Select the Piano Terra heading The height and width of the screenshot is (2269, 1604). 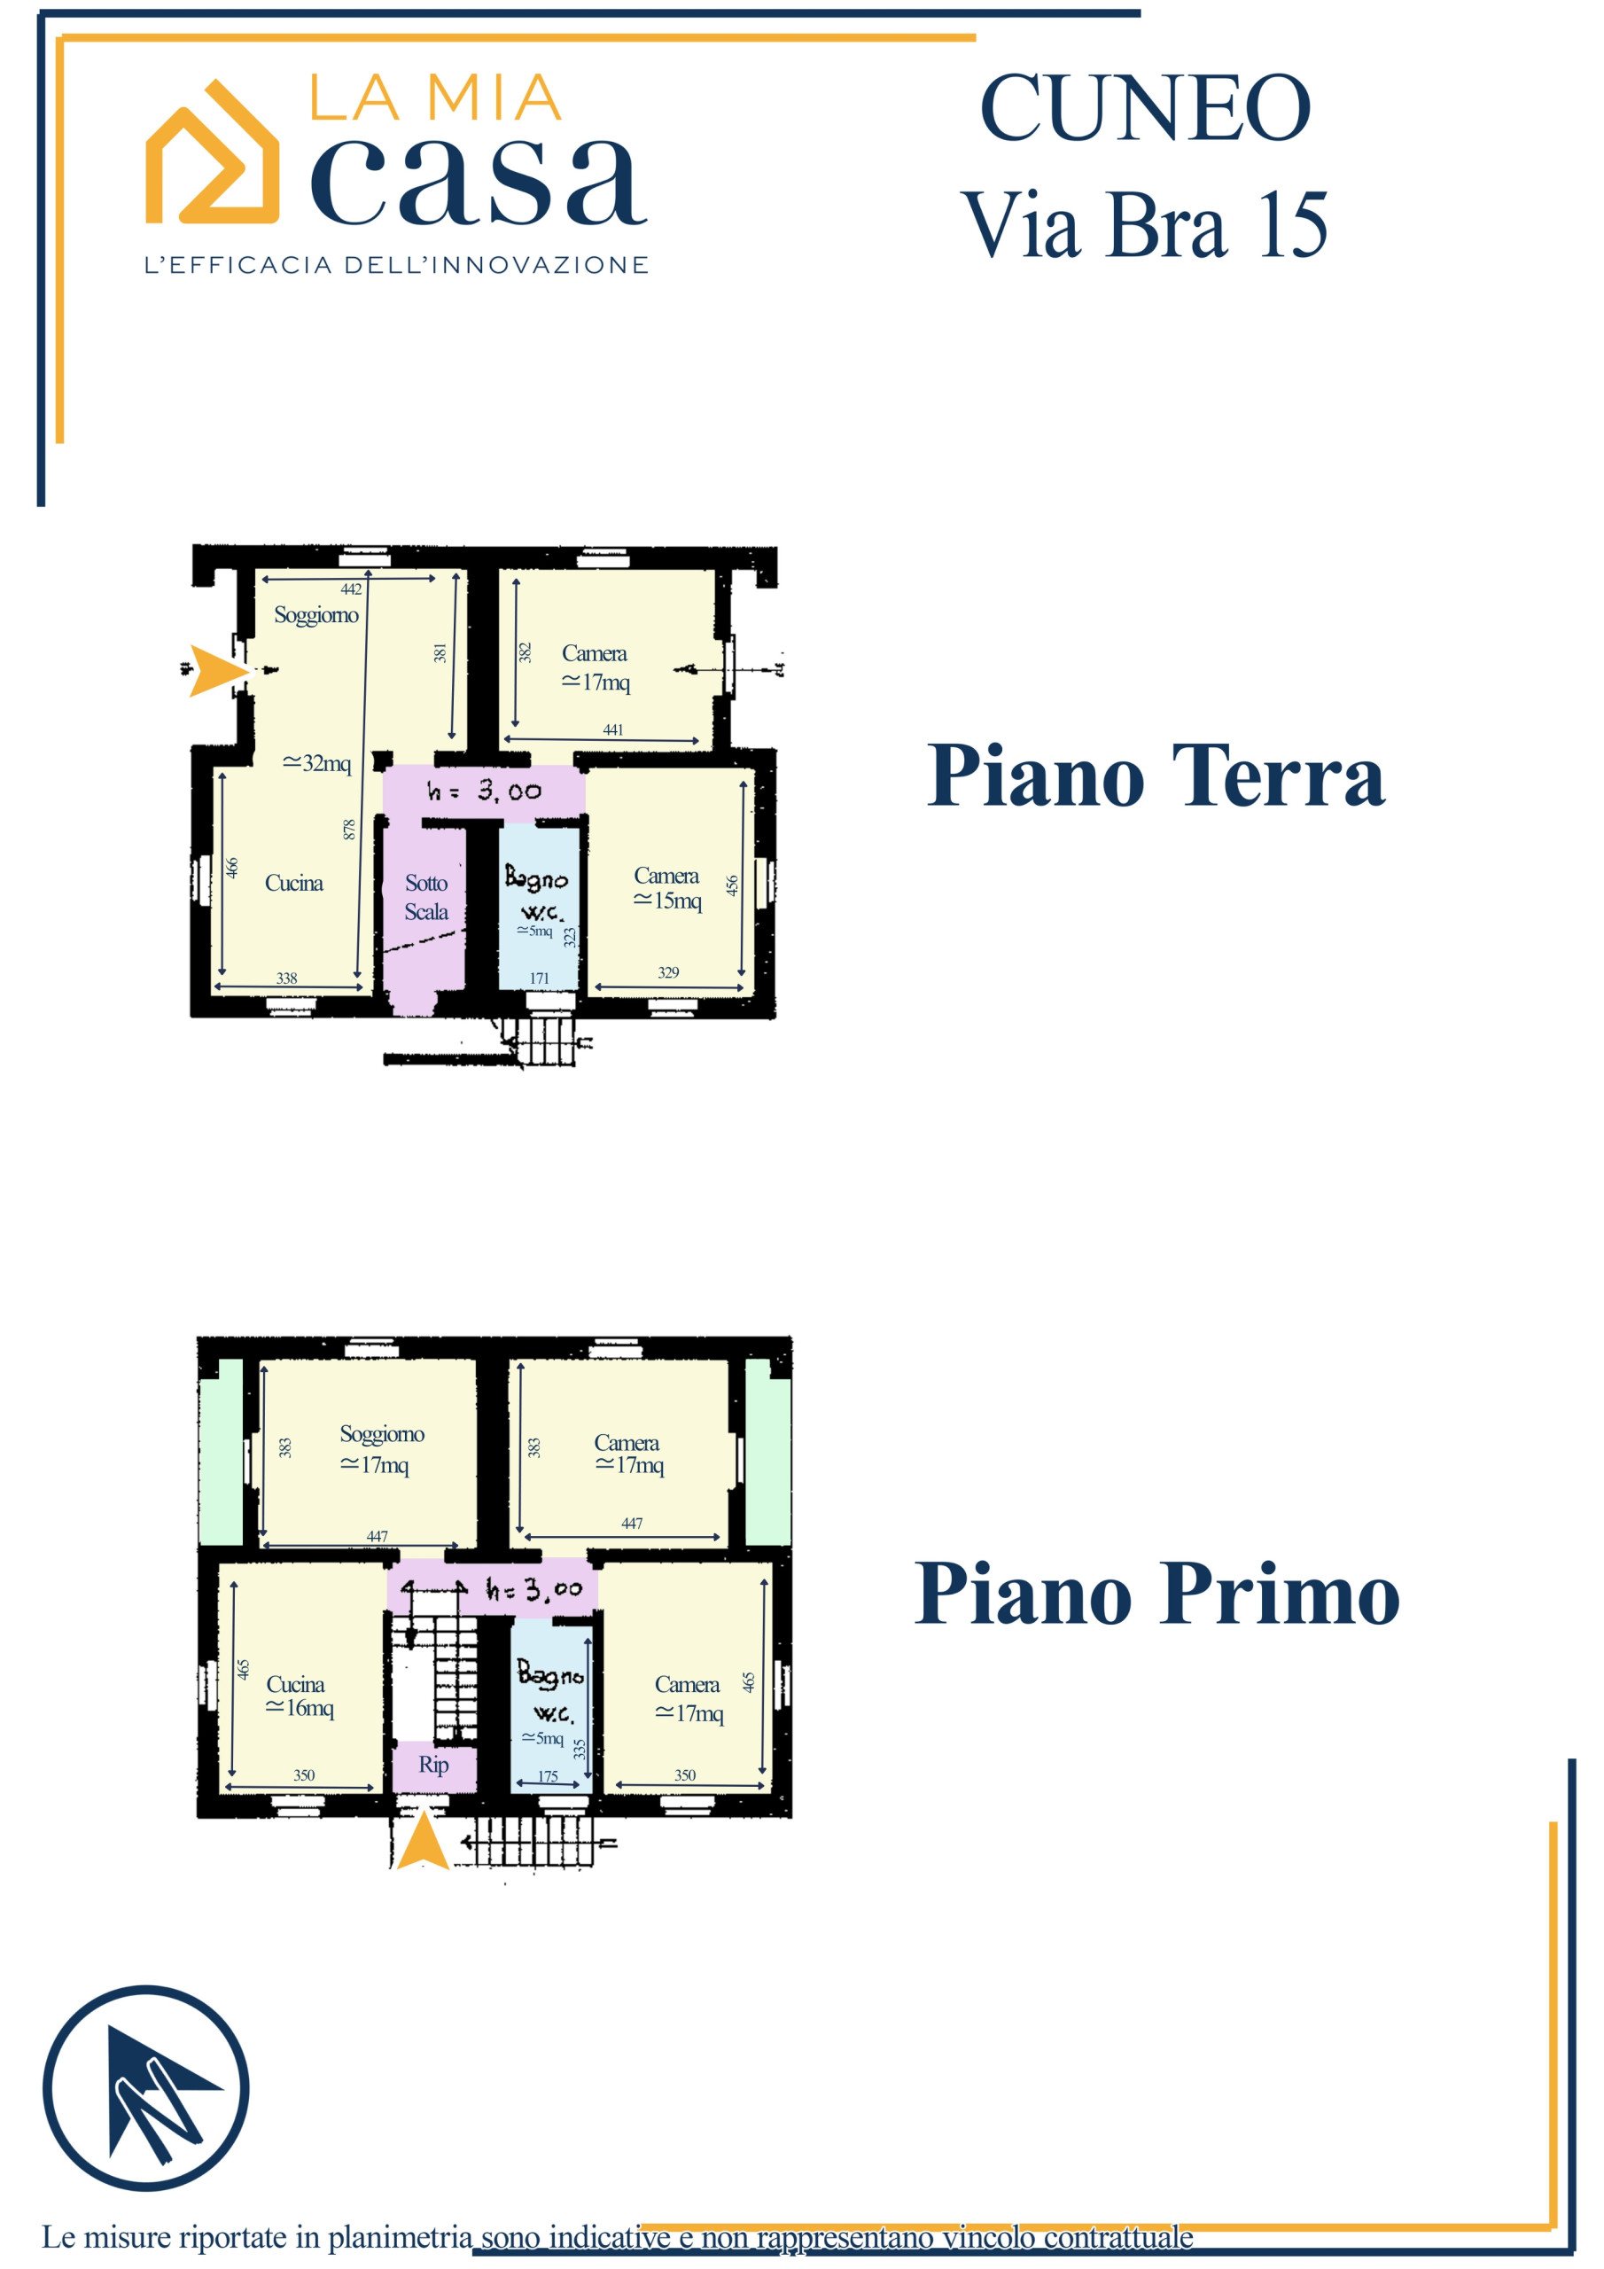pyautogui.click(x=1156, y=775)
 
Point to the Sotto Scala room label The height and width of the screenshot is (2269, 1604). pyautogui.click(x=426, y=897)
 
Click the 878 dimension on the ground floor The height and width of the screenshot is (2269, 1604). pyautogui.click(x=349, y=829)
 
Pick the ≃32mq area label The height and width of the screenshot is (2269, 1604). pyautogui.click(x=316, y=763)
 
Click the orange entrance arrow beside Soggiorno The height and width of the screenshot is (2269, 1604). pyautogui.click(x=218, y=671)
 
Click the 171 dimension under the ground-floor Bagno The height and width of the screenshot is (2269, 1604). pyautogui.click(x=539, y=979)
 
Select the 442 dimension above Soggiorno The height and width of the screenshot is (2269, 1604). pyautogui.click(x=351, y=589)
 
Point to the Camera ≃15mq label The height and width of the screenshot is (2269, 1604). pyautogui.click(x=667, y=887)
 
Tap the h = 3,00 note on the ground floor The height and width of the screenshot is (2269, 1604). pyautogui.click(x=484, y=790)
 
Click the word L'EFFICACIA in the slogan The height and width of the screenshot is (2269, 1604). pyautogui.click(x=237, y=265)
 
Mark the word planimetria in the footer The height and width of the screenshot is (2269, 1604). pyautogui.click(x=401, y=2236)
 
